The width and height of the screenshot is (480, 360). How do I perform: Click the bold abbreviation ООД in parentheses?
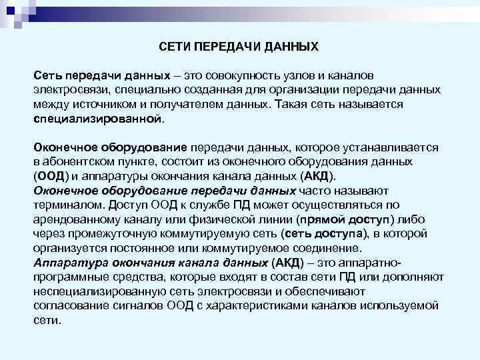[51, 177]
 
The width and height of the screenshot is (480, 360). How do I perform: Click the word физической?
[231, 219]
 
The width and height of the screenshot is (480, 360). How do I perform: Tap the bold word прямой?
[319, 219]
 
